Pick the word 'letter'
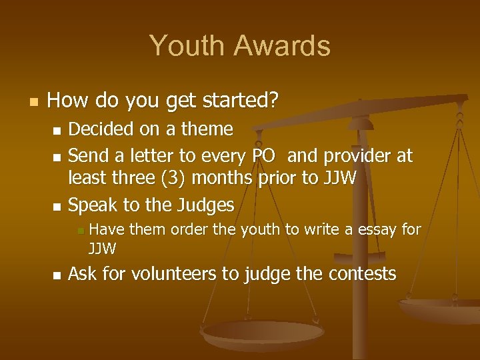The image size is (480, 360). (155, 157)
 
